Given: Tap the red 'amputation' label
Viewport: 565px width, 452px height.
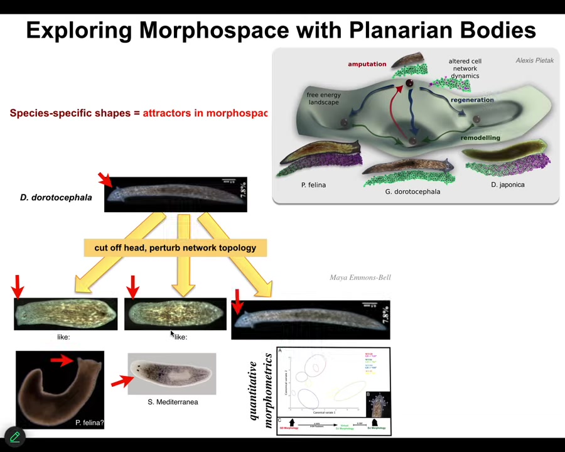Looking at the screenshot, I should pyautogui.click(x=367, y=64).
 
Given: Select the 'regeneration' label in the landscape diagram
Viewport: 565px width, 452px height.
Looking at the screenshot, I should pyautogui.click(x=472, y=100).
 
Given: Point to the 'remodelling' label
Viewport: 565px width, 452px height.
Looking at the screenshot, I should pyautogui.click(x=480, y=137).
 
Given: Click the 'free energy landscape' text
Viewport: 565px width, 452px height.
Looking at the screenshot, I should pyautogui.click(x=323, y=99).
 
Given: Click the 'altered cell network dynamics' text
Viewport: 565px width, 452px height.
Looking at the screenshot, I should pyautogui.click(x=465, y=68).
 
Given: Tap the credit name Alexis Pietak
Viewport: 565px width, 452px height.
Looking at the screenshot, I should pyautogui.click(x=534, y=60).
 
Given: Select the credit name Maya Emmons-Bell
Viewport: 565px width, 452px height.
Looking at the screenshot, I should pyautogui.click(x=360, y=277).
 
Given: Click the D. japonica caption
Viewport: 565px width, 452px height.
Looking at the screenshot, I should pyautogui.click(x=507, y=185).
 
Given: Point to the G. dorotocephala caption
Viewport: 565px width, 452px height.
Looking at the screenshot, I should pyautogui.click(x=412, y=191).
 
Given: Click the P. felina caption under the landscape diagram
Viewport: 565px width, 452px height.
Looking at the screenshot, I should pyautogui.click(x=313, y=185).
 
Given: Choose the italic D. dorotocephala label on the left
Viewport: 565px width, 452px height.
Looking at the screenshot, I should pyautogui.click(x=56, y=197).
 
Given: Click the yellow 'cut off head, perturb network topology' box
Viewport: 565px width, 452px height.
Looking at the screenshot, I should pyautogui.click(x=175, y=247).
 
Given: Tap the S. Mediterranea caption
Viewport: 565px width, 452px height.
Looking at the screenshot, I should pyautogui.click(x=173, y=402).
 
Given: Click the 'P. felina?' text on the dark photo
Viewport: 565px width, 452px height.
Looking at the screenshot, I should pyautogui.click(x=89, y=422).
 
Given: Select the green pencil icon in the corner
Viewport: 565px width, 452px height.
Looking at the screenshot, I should pyautogui.click(x=14, y=436).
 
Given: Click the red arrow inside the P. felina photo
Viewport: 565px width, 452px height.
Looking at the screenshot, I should pyautogui.click(x=62, y=360).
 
